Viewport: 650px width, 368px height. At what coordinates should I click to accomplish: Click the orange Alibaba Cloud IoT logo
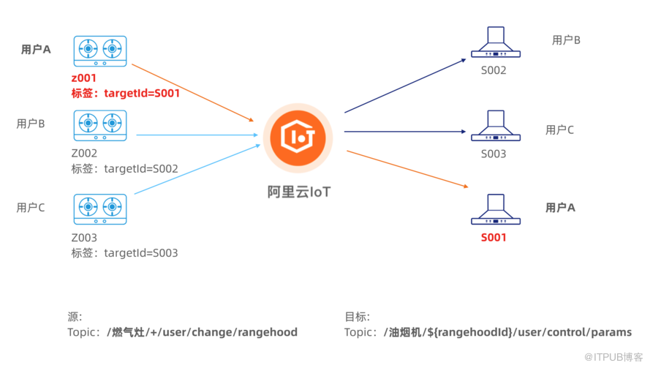point(298,138)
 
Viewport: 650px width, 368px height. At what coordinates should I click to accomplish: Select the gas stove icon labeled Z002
point(99,125)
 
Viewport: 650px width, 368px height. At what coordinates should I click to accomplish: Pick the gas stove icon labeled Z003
point(99,209)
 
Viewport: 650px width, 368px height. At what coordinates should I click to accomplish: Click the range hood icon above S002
point(494,43)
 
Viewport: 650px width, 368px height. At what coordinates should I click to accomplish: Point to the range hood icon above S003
point(494,127)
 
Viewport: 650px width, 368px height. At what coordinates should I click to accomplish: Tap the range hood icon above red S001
point(494,210)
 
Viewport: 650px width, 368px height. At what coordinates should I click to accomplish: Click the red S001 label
point(494,237)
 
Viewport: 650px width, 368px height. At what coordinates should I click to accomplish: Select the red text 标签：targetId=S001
point(125,93)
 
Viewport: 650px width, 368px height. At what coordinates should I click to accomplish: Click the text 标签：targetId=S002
point(124,168)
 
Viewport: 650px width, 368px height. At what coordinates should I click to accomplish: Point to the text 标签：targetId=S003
point(124,253)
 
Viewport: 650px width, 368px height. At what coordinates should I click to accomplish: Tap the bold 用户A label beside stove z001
point(36,50)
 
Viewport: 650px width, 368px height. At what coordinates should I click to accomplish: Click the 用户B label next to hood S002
point(566,40)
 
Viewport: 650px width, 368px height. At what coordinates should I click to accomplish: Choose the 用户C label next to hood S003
point(559,130)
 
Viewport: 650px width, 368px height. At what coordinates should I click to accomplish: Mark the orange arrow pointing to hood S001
point(406,169)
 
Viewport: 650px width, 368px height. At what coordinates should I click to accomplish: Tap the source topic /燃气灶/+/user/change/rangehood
point(202,332)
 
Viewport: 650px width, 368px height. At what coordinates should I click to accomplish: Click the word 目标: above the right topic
point(358,317)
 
